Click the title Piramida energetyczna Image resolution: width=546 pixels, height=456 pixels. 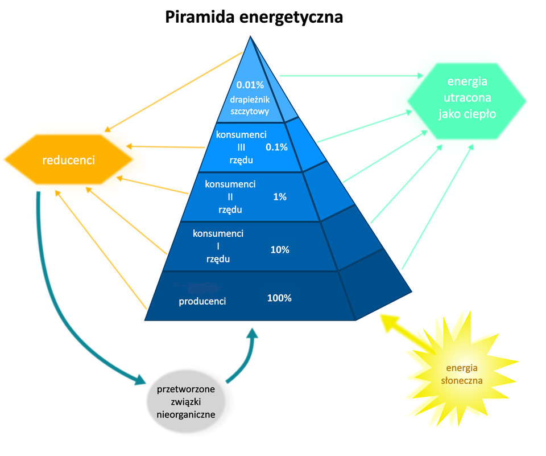(254, 17)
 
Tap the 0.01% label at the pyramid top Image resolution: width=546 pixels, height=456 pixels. (250, 85)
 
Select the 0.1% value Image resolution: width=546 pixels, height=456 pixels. (276, 147)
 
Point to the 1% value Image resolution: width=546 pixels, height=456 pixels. (279, 197)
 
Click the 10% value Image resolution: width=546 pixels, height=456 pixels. (280, 249)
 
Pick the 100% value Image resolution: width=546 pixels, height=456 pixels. (279, 298)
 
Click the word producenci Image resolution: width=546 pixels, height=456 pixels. (202, 302)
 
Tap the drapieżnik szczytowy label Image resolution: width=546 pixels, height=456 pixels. (250, 105)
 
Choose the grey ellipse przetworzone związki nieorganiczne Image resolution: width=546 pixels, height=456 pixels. (185, 402)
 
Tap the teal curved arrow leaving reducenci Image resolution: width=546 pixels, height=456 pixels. (63, 307)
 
